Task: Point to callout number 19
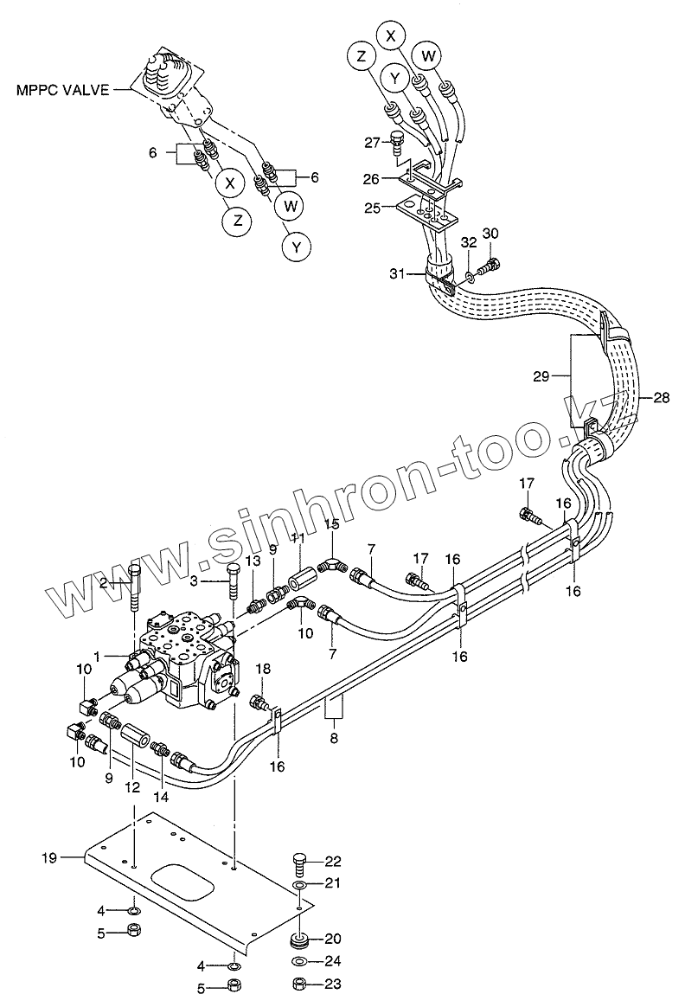[49, 857]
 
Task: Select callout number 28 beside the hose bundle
[662, 397]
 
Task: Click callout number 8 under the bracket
[334, 738]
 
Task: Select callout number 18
[262, 668]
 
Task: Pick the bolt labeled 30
[488, 265]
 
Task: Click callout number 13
[253, 563]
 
